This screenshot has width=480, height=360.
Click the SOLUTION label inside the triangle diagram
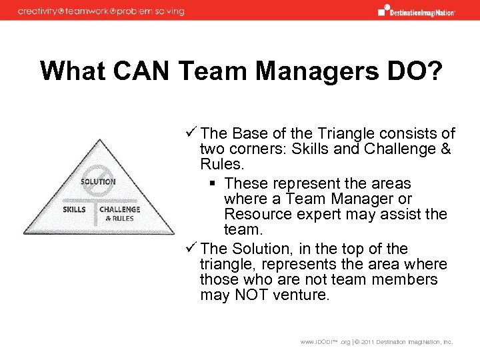(98, 181)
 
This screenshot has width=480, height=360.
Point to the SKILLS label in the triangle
(74, 209)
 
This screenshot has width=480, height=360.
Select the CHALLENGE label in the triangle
(120, 209)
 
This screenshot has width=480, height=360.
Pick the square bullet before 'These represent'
(213, 184)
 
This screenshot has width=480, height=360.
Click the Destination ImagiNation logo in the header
(416, 11)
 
